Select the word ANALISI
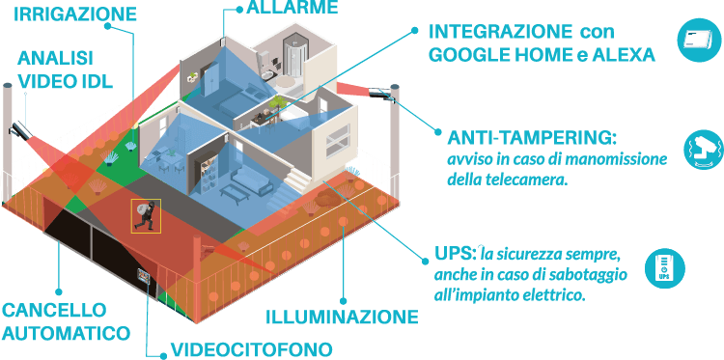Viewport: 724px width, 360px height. coord(50,57)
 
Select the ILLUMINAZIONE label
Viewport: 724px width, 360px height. coord(342,317)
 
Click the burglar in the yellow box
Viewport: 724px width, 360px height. coord(146,215)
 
